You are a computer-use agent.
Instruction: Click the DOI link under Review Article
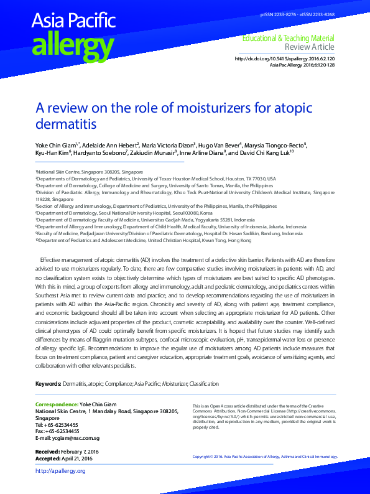click(284, 58)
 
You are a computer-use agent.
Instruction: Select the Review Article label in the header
click(310, 47)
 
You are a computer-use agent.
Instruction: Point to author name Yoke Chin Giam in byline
click(55, 144)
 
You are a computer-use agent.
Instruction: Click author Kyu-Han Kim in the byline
click(52, 152)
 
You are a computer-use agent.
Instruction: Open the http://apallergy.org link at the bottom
click(60, 471)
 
